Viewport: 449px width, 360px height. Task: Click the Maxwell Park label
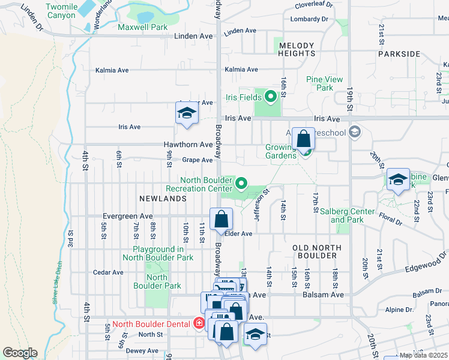[x=143, y=27]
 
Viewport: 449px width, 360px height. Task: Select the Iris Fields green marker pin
[x=270, y=96]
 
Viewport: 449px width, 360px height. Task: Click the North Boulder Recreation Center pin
[x=241, y=183]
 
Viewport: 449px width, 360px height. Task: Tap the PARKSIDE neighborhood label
[x=399, y=54]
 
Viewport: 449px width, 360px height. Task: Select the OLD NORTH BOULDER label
[x=316, y=251]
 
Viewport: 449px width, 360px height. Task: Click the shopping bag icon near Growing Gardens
[x=304, y=139]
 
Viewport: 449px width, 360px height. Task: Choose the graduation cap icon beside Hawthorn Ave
[x=187, y=113]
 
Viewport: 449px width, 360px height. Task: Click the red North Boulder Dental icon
[x=199, y=323]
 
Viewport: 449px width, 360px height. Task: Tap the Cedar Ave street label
[x=108, y=272]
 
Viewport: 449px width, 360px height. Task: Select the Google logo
[x=20, y=353]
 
